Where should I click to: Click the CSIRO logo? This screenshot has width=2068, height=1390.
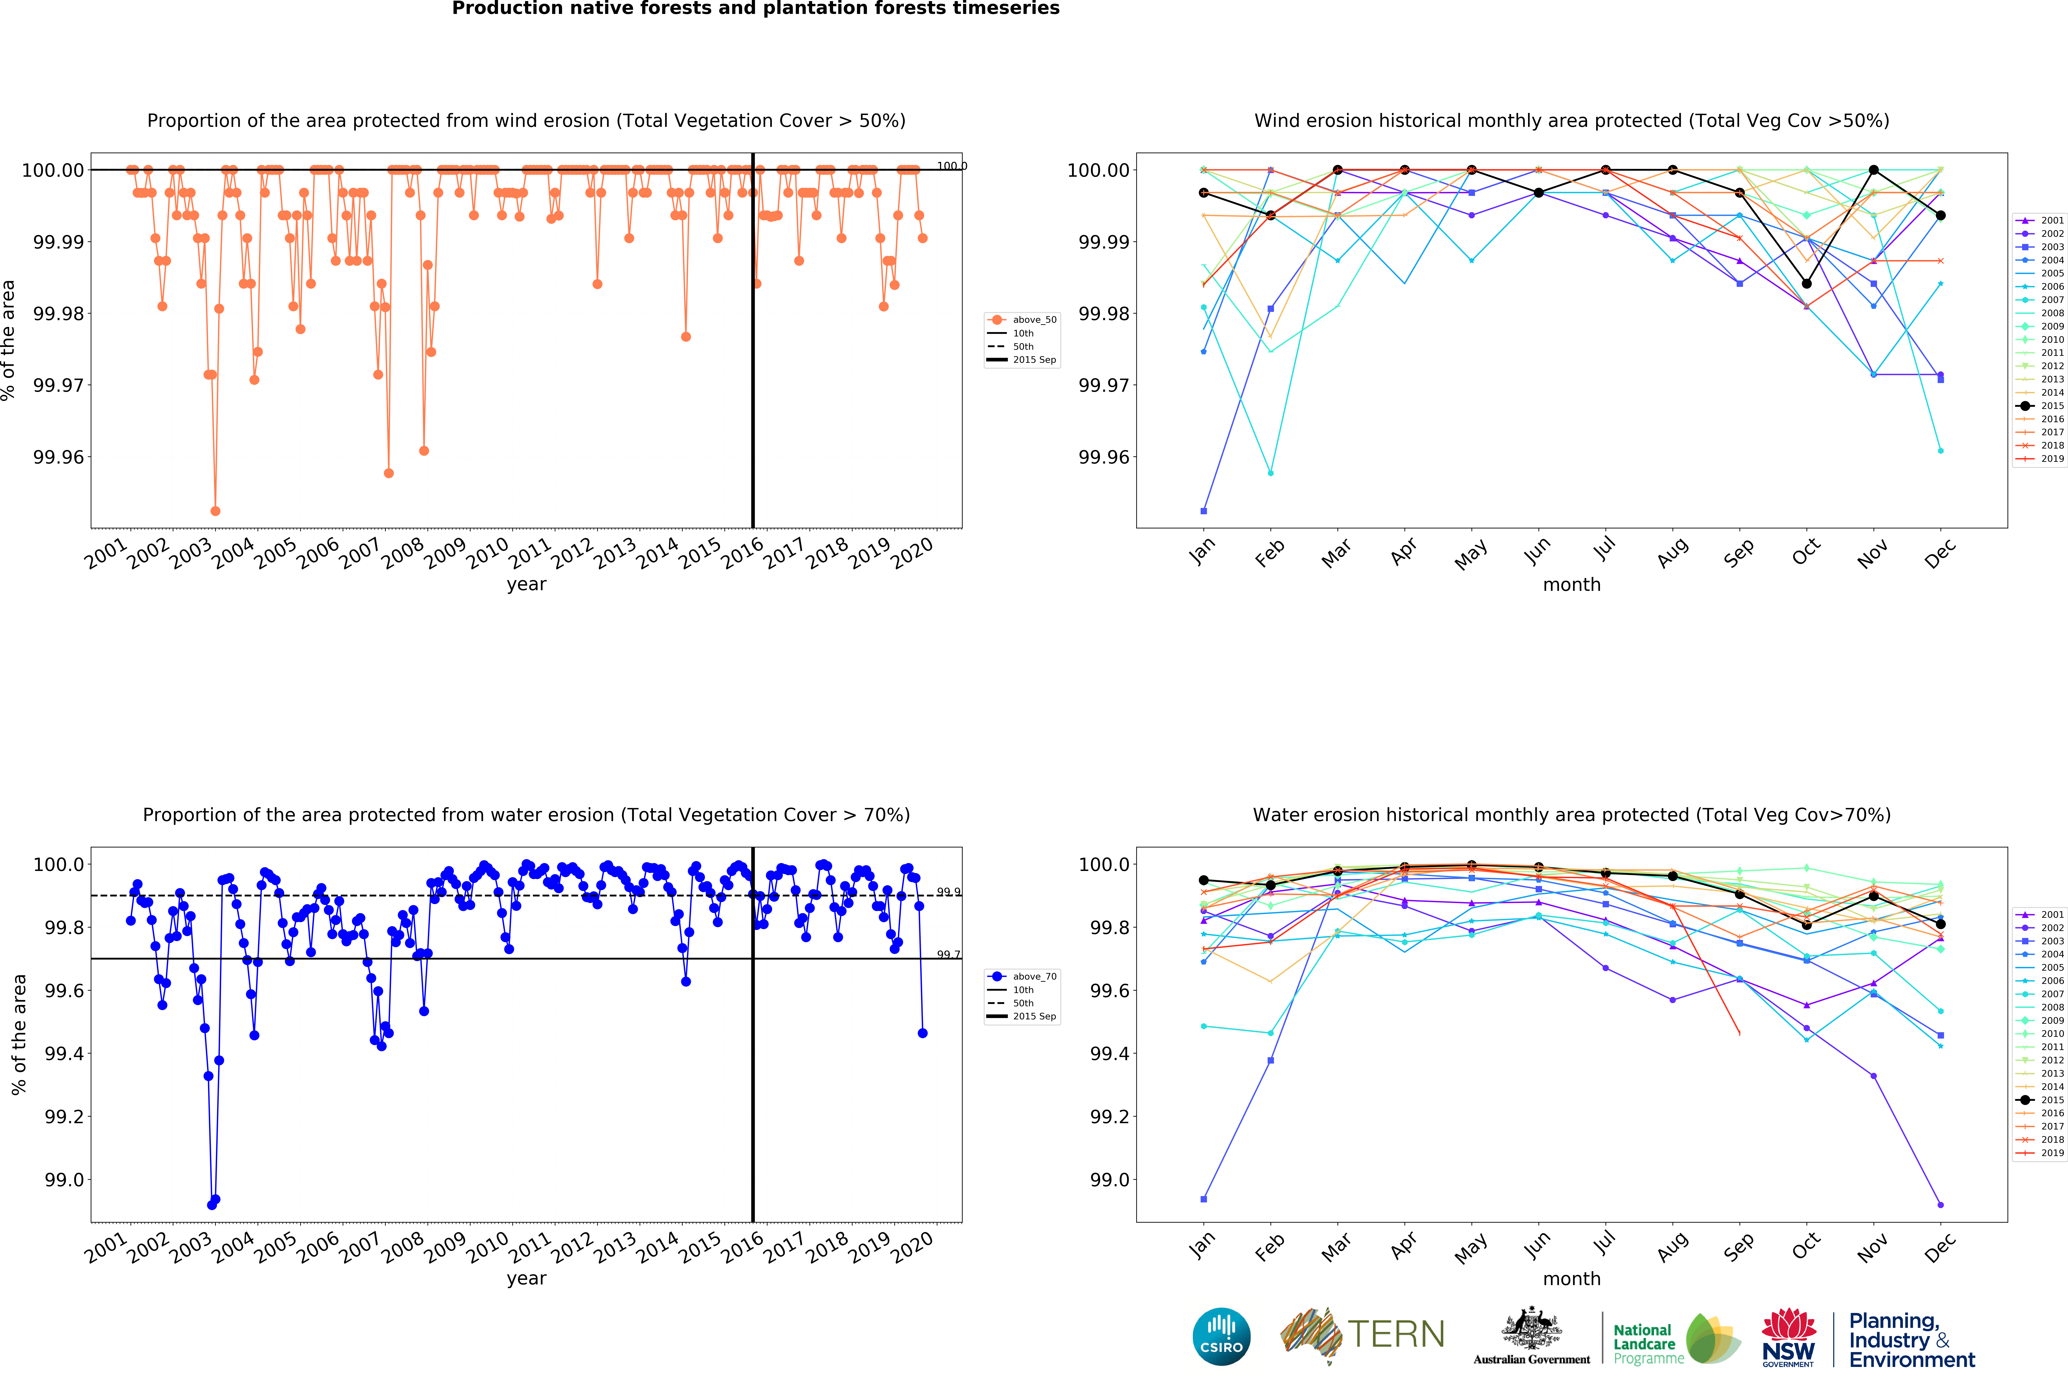(x=1221, y=1336)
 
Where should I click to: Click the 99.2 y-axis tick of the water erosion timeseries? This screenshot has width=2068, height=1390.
(x=64, y=1117)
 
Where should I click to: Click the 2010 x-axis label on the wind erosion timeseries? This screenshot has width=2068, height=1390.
(x=487, y=554)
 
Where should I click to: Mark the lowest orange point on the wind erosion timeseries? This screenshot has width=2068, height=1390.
(x=215, y=511)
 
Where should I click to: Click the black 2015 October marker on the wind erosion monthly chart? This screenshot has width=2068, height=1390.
(x=1807, y=284)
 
